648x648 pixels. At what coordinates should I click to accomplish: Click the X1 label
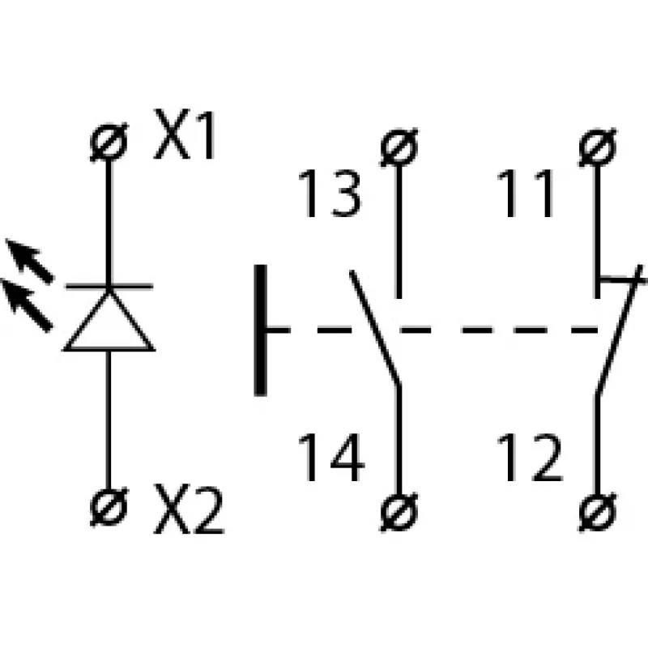tap(185, 134)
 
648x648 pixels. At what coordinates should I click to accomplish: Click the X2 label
tap(189, 509)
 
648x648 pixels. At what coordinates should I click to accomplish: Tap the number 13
tap(330, 194)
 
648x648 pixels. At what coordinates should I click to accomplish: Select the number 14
tap(331, 457)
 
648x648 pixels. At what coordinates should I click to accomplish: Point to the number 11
tap(525, 194)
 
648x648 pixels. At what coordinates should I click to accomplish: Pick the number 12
tap(530, 457)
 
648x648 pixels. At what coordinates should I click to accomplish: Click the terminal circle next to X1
tap(109, 143)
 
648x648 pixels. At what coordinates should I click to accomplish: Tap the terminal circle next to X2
tap(109, 507)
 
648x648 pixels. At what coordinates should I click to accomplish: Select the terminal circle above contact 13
tap(399, 147)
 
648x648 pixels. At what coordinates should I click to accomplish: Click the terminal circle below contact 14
tap(399, 512)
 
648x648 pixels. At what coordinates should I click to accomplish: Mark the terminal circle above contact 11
tap(598, 147)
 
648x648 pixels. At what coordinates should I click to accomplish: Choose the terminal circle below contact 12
tap(598, 512)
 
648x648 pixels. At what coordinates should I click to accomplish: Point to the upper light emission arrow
tap(29, 261)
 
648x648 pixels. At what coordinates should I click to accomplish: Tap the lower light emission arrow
tap(27, 305)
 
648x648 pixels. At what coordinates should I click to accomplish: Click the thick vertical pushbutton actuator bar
tap(260, 330)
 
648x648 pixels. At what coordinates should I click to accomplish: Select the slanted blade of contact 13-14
tap(375, 328)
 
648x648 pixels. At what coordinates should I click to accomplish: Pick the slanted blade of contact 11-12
tap(619, 330)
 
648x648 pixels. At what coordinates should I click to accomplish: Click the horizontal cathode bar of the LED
tap(109, 286)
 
